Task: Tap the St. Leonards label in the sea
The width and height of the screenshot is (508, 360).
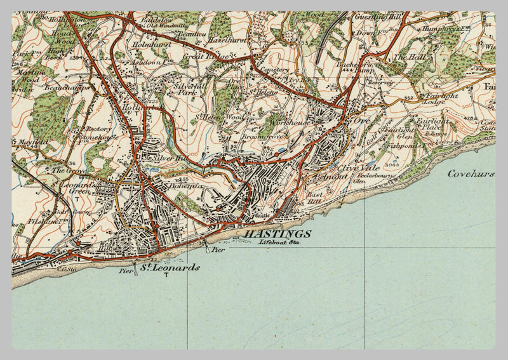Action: (x=170, y=268)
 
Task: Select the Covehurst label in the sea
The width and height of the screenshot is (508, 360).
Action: (x=471, y=173)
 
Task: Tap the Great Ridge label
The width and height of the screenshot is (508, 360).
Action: (x=200, y=57)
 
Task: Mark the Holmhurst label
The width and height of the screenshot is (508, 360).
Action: (x=152, y=45)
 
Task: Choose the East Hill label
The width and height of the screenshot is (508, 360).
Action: (x=314, y=198)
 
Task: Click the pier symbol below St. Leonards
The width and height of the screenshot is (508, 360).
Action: (x=135, y=274)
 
